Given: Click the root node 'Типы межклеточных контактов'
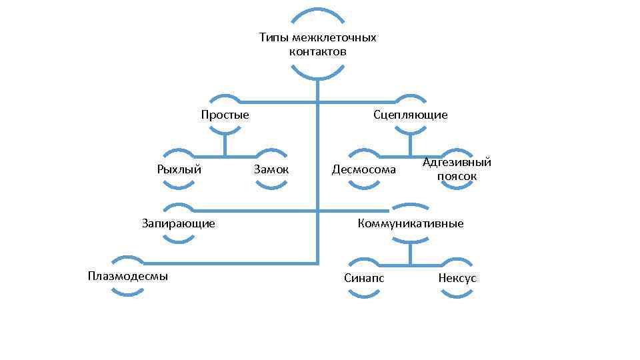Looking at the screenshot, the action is [318, 44].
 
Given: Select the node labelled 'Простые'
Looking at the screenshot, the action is [225, 115].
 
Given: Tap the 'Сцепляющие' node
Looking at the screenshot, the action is [411, 115].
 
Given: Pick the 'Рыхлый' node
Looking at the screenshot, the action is [179, 169].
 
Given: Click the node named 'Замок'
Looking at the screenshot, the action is [271, 169].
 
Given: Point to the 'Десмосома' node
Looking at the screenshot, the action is [364, 169].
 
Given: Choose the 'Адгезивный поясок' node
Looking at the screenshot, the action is [457, 169].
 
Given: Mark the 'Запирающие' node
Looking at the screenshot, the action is [179, 223].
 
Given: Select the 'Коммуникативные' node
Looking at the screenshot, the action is [411, 223].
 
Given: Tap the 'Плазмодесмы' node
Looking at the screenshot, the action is [127, 276].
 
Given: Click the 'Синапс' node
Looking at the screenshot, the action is [364, 277].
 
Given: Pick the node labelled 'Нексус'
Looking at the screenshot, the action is [457, 277].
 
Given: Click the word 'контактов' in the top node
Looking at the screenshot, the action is [318, 51].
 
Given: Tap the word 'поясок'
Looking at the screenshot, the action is [457, 177].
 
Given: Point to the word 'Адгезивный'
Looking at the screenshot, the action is [457, 162].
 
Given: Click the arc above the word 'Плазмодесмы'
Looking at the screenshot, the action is [127, 259].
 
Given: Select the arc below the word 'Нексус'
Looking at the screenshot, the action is [457, 294].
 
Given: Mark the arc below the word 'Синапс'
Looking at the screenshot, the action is [364, 294].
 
